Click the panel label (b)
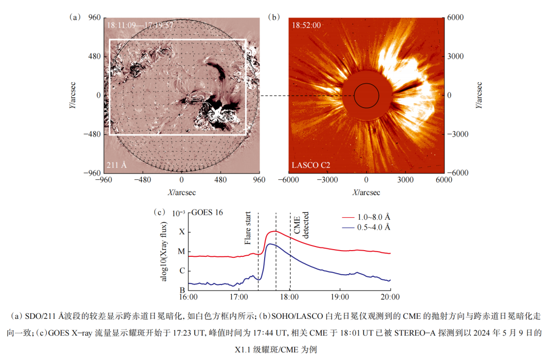pyautogui.click(x=274, y=17)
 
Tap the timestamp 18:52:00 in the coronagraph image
pyautogui.click(x=306, y=25)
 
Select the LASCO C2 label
pyautogui.click(x=311, y=165)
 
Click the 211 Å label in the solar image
pyautogui.click(x=117, y=165)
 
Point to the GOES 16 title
pyautogui.click(x=207, y=213)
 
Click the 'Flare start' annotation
pyautogui.click(x=249, y=229)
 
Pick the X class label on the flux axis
pyautogui.click(x=181, y=232)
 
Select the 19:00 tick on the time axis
pyautogui.click(x=340, y=297)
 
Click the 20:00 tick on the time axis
pyautogui.click(x=390, y=297)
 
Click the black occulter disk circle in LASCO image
pyautogui.click(x=366, y=96)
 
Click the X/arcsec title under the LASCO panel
pyautogui.click(x=366, y=192)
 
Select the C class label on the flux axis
pyautogui.click(x=181, y=271)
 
